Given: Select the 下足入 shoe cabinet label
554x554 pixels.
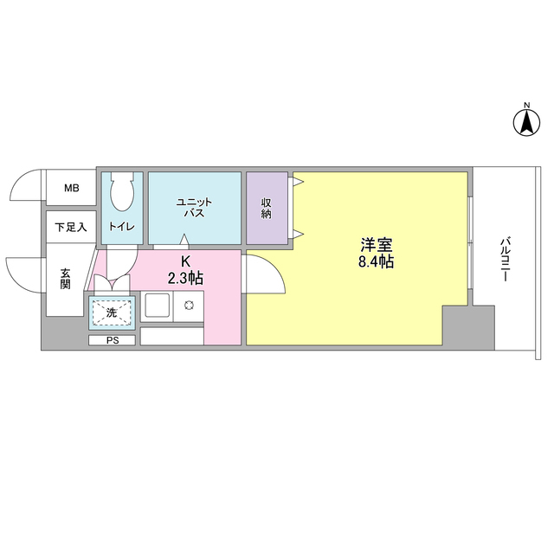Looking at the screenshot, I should coord(70,228).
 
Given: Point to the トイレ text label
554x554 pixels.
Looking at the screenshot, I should coord(119,228).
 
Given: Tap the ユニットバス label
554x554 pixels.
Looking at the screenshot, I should coord(194,207).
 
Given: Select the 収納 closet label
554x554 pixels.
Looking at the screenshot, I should coord(267,208).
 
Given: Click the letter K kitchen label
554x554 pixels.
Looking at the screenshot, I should coord(184,261).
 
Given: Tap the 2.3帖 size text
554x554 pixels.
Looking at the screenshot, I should coord(185,279).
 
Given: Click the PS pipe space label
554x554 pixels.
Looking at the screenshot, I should coord(112,340).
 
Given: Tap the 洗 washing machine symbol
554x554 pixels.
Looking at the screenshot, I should coord(112,312).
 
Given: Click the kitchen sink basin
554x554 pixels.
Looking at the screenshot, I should coord(158,306).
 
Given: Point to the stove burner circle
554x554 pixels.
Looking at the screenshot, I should coord(187,306).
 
